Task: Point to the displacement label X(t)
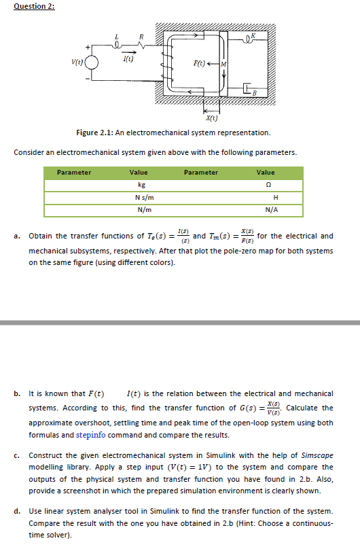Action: [211, 117]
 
